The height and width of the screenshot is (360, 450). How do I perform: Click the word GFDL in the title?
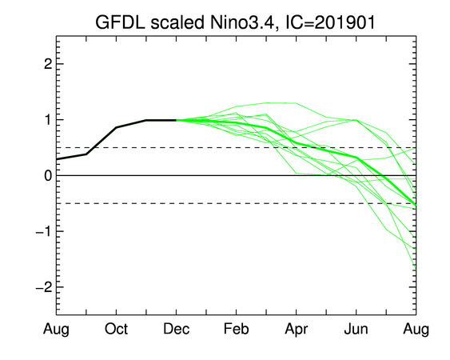click(x=120, y=22)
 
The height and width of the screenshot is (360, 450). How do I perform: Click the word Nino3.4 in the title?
click(x=241, y=22)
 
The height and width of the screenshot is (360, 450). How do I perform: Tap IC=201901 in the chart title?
click(x=330, y=22)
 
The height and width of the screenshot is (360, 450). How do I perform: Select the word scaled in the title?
click(x=177, y=22)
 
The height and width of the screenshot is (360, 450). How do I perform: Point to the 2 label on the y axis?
click(x=48, y=64)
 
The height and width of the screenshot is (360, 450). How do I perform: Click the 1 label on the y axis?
click(x=49, y=119)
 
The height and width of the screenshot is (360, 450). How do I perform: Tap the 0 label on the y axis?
click(x=48, y=175)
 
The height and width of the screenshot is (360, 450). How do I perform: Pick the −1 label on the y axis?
click(x=44, y=231)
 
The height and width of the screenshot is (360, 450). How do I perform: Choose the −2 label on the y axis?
click(x=44, y=287)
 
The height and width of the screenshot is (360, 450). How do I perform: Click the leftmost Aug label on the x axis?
click(x=56, y=330)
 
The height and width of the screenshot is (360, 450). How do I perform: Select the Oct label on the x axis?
click(x=116, y=329)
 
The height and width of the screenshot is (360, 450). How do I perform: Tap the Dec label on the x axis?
click(x=176, y=329)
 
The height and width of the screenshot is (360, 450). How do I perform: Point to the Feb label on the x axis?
click(x=237, y=329)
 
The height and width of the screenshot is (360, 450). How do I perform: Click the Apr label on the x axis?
click(x=297, y=330)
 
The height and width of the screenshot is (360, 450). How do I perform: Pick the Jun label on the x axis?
click(x=356, y=329)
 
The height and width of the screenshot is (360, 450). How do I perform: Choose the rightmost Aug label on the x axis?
click(x=416, y=330)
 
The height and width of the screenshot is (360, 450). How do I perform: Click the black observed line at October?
click(x=116, y=127)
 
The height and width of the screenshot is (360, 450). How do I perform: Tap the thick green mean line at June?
click(x=356, y=157)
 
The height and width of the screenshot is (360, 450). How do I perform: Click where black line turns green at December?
click(x=176, y=120)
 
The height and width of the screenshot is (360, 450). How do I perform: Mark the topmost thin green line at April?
click(x=297, y=103)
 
